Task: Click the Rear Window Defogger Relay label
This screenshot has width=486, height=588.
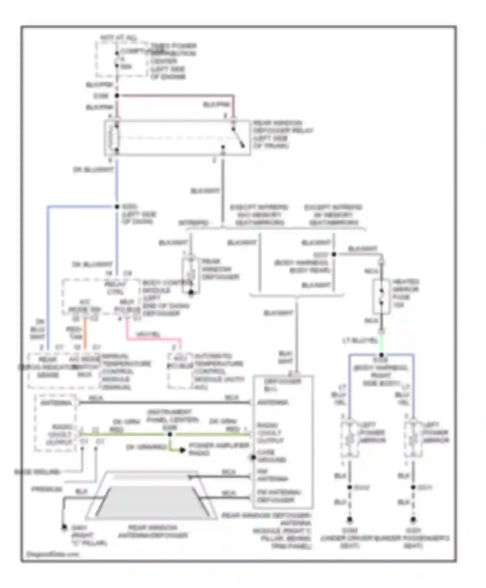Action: [283, 134]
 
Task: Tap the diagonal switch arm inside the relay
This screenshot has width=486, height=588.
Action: [238, 137]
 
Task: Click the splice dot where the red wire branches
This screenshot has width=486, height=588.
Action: [117, 96]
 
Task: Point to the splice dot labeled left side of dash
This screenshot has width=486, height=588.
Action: [117, 206]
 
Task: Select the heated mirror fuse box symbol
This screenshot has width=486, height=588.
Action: [381, 296]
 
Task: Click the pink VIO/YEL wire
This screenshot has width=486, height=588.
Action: [152, 339]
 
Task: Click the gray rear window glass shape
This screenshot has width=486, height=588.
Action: [152, 501]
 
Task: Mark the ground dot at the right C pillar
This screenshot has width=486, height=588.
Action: [64, 527]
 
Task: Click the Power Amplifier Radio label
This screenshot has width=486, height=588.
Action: [219, 449]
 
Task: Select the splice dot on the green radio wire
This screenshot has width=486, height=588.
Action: [170, 434]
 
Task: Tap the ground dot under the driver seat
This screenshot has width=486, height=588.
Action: [350, 520]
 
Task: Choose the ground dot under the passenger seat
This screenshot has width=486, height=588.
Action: [413, 520]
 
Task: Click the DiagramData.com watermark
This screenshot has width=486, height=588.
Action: [52, 554]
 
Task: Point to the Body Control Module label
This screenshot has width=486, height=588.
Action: [165, 298]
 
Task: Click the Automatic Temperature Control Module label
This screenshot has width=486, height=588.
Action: [219, 371]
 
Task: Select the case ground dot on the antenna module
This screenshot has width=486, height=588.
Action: [253, 457]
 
